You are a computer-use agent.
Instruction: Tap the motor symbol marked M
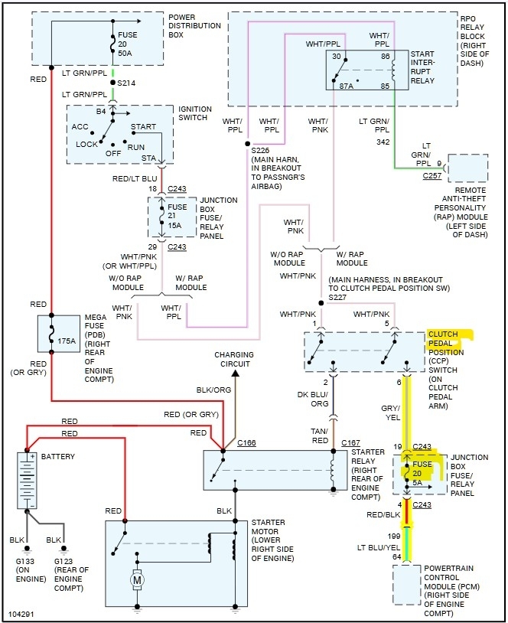click(138, 579)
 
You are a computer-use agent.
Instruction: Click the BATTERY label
click(58, 456)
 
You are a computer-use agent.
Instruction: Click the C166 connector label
click(246, 442)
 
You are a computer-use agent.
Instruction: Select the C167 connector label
click(350, 442)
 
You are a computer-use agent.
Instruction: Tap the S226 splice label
click(261, 151)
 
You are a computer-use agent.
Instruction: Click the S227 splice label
click(337, 296)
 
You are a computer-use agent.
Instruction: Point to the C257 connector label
click(432, 175)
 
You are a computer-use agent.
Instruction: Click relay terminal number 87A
click(346, 86)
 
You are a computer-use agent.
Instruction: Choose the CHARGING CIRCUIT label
click(234, 360)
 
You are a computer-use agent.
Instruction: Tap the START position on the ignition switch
click(143, 126)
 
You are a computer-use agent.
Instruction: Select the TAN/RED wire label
click(321, 436)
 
